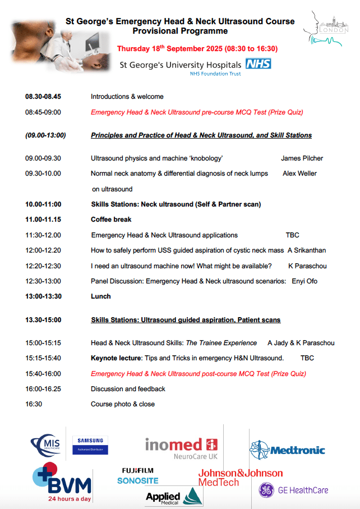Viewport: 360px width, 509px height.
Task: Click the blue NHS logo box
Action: tap(258, 64)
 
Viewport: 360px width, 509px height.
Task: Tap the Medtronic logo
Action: tap(287, 449)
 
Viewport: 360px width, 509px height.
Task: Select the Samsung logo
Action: tap(90, 445)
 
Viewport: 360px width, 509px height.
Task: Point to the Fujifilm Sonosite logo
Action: tap(138, 475)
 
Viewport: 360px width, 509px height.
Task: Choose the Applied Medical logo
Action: tap(173, 497)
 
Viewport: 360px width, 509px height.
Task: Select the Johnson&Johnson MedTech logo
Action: tap(240, 478)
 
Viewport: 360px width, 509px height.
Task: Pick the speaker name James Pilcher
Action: tap(302, 158)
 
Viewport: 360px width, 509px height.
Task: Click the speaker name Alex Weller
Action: tap(299, 173)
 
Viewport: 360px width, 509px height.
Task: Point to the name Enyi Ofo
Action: tap(304, 281)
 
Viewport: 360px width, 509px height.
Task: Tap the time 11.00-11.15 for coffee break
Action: tap(43, 219)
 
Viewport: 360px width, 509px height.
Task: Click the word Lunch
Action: tap(101, 296)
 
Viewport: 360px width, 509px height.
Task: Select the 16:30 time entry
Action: tap(34, 404)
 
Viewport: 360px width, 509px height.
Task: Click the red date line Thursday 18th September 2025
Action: tap(197, 49)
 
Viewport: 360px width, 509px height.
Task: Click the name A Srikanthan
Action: tap(306, 250)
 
